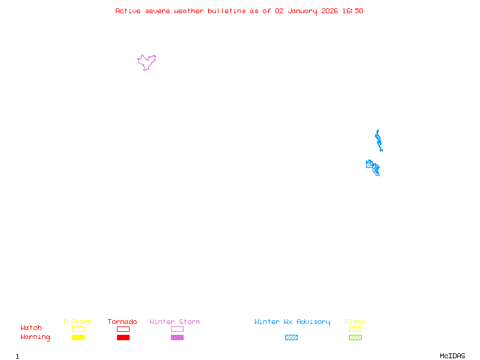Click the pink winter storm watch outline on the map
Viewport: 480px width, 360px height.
[146, 62]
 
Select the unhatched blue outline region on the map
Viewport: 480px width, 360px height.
[378, 140]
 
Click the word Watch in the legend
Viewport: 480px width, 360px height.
[31, 328]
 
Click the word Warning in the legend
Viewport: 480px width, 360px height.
[35, 337]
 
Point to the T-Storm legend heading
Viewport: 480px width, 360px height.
[77, 322]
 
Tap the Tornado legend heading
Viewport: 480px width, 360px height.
[122, 322]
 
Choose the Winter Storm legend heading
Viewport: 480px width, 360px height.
[175, 322]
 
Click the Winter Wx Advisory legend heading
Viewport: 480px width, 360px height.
[292, 322]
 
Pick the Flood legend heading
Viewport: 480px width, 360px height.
[355, 322]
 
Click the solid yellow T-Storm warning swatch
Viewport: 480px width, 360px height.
[78, 338]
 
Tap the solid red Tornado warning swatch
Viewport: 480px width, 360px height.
[123, 338]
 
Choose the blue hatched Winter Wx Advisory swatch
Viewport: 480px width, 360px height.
[291, 338]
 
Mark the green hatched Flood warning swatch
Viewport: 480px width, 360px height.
[355, 338]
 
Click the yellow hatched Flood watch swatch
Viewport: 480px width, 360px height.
[355, 329]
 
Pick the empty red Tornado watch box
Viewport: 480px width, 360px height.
[123, 329]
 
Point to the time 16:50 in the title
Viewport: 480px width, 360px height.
[352, 11]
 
